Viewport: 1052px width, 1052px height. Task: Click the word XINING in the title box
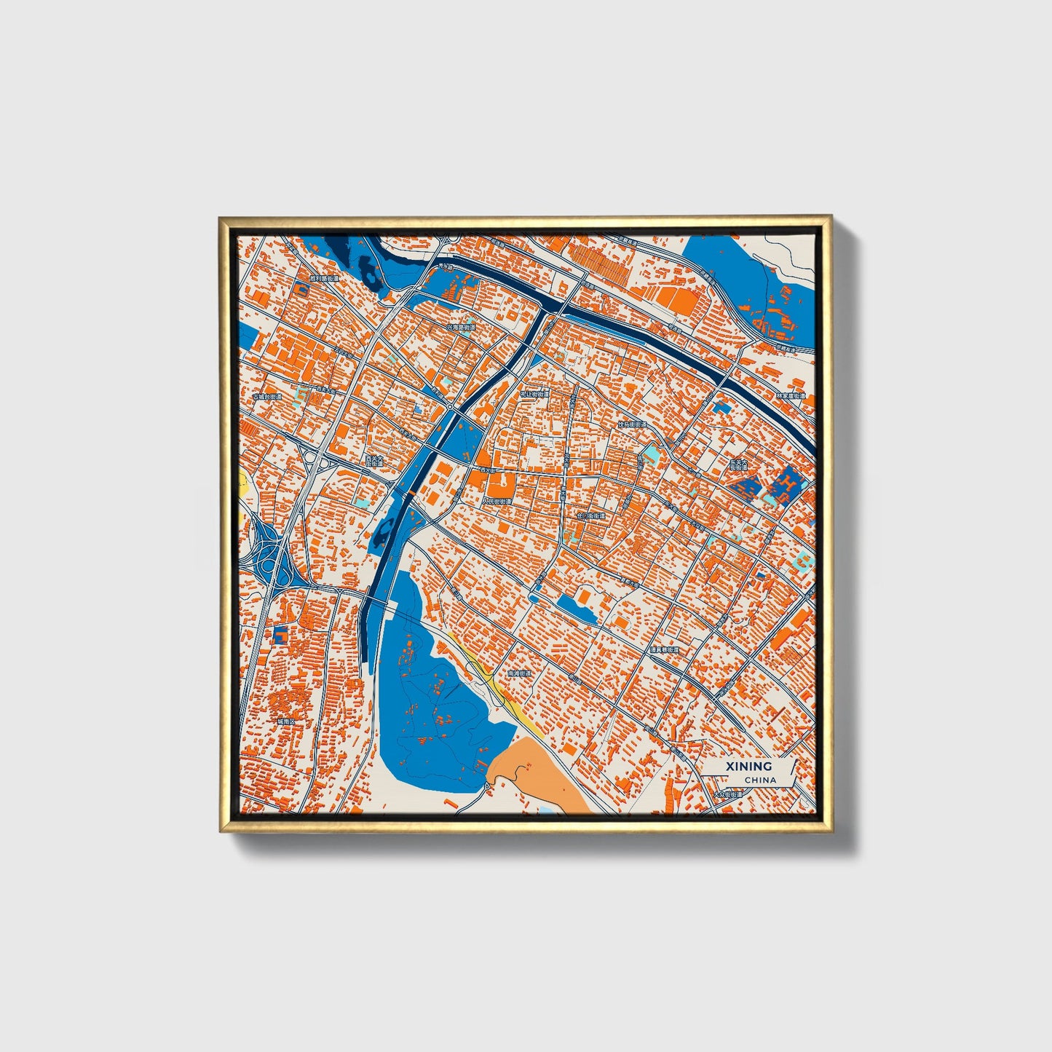pyautogui.click(x=748, y=766)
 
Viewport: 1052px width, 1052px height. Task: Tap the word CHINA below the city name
pyautogui.click(x=760, y=780)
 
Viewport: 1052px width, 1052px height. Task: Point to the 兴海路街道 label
pyautogui.click(x=461, y=328)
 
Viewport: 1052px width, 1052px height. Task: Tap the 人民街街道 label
pyautogui.click(x=497, y=501)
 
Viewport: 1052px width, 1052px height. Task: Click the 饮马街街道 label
pyautogui.click(x=632, y=424)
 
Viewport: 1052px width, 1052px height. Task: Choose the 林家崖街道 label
pyautogui.click(x=791, y=396)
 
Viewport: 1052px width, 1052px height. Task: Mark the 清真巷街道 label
pyautogui.click(x=664, y=649)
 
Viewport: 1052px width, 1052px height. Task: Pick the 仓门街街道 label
pyautogui.click(x=590, y=515)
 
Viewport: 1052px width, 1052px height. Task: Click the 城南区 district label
pyautogui.click(x=285, y=721)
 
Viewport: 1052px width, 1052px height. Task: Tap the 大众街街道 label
pyautogui.click(x=728, y=794)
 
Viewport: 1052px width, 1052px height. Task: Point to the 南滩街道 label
pyautogui.click(x=520, y=673)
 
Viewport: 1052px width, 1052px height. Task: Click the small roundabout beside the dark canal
pyautogui.click(x=451, y=405)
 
